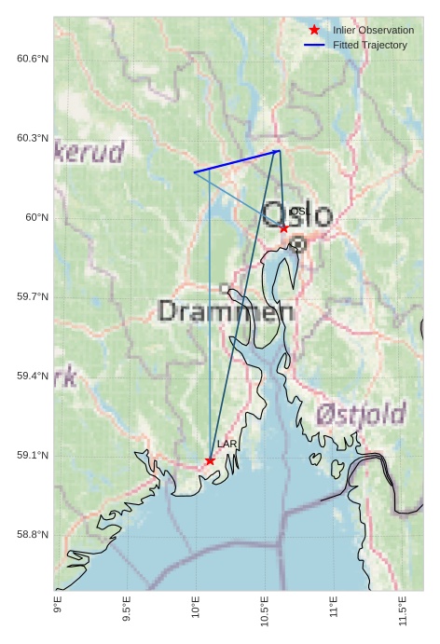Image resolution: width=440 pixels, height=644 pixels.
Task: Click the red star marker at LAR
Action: click(x=210, y=460)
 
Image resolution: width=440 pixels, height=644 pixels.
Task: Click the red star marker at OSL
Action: click(x=284, y=227)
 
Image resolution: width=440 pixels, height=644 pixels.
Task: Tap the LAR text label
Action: click(x=227, y=445)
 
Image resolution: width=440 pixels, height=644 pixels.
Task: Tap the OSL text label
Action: click(x=298, y=212)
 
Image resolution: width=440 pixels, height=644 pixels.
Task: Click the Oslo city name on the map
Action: click(x=297, y=215)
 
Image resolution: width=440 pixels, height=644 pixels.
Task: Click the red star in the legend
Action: click(x=314, y=30)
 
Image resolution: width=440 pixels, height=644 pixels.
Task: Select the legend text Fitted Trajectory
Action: click(x=370, y=45)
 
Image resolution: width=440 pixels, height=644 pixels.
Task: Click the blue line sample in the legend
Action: click(x=314, y=45)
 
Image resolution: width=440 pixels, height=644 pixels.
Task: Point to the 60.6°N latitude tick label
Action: click(x=33, y=59)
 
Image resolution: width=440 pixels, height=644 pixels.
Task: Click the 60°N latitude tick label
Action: click(x=37, y=217)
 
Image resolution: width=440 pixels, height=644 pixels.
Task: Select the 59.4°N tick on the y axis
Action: click(x=33, y=376)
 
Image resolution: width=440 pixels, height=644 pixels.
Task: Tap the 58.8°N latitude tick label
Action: click(x=33, y=534)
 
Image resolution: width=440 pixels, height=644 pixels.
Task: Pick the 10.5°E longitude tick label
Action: click(x=265, y=610)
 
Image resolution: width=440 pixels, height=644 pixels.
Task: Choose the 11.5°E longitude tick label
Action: click(x=403, y=610)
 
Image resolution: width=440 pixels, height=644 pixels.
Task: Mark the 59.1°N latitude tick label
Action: click(x=33, y=455)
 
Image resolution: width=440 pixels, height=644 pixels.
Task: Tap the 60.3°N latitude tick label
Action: click(x=33, y=138)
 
